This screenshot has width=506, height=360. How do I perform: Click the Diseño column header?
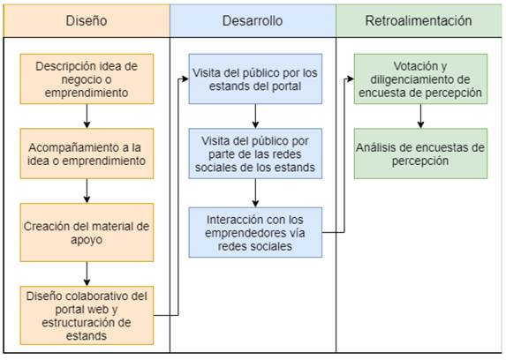click(x=87, y=20)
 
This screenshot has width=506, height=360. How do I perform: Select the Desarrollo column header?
click(x=253, y=20)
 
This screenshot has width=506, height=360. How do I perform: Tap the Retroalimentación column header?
click(x=419, y=20)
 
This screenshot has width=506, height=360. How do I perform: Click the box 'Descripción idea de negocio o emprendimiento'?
click(x=87, y=79)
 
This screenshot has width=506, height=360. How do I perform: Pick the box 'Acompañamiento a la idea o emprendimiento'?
click(x=87, y=154)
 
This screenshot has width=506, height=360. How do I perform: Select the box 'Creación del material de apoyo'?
click(x=87, y=232)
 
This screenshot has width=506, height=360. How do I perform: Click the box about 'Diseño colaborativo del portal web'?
click(x=87, y=316)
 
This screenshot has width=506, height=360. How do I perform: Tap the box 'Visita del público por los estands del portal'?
click(x=255, y=79)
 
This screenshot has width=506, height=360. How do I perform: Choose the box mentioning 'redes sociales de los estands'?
click(x=255, y=154)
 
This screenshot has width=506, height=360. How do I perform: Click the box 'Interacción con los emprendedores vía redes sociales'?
click(x=255, y=232)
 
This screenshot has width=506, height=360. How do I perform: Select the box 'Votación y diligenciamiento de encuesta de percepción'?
click(x=420, y=79)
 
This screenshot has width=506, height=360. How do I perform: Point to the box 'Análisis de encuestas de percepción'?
click(x=420, y=154)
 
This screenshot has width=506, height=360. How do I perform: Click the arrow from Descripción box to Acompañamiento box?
click(x=87, y=116)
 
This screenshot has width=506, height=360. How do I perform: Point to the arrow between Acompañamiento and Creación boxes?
click(x=87, y=191)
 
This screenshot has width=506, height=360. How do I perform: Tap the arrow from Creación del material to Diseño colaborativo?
click(x=87, y=274)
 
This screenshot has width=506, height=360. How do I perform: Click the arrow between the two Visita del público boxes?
click(x=255, y=116)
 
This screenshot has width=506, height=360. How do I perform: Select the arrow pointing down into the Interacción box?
click(x=255, y=193)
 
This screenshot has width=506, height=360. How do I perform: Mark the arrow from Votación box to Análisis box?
click(x=420, y=116)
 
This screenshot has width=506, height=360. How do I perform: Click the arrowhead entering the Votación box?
click(x=351, y=79)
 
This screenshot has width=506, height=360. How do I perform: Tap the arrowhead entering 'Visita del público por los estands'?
click(x=185, y=79)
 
